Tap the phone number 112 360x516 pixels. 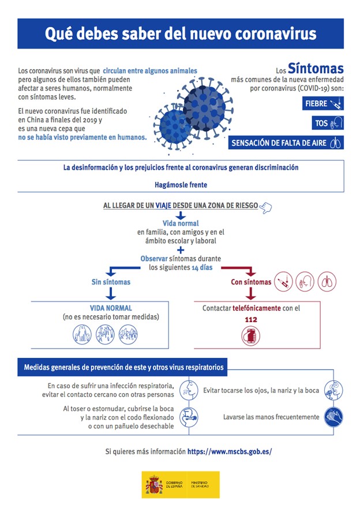click(250, 320)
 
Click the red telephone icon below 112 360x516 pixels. click(250, 336)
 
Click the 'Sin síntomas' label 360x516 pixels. click(111, 282)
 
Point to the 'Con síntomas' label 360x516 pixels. click(251, 282)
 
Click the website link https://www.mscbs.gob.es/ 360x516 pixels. click(230, 451)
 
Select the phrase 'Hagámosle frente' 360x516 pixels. click(181, 185)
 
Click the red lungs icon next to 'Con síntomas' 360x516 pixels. click(327, 282)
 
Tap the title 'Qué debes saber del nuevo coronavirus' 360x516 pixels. click(181, 33)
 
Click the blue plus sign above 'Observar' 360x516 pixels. click(181, 250)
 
